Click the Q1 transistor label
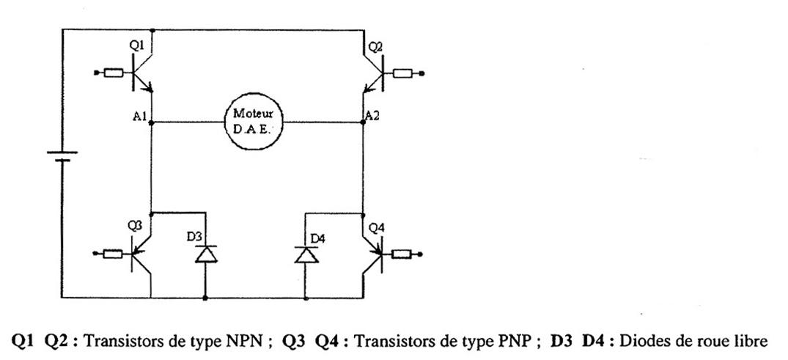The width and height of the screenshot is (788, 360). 136,46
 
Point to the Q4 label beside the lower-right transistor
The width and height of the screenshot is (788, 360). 375,228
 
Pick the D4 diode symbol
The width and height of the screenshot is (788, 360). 304,254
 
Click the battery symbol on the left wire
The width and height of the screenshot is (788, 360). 62,156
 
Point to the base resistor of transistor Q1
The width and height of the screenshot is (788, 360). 114,73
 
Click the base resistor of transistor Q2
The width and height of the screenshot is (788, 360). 402,73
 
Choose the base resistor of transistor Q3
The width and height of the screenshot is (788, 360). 113,254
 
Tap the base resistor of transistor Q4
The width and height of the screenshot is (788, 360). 402,254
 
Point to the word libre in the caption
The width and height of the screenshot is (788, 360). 750,341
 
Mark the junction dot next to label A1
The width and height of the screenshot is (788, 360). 150,122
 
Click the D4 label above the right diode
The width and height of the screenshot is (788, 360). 317,238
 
